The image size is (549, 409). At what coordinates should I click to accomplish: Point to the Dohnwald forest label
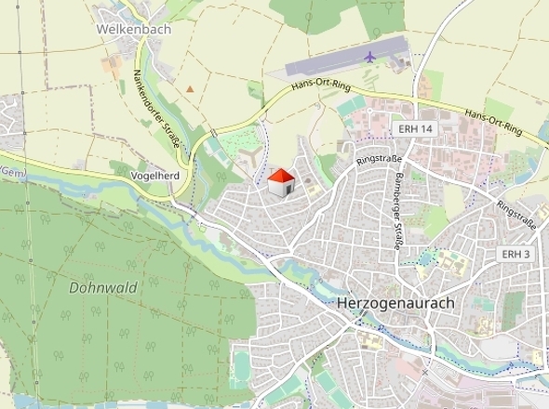coord(101,287)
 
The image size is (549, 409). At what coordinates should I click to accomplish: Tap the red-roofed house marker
coord(281,181)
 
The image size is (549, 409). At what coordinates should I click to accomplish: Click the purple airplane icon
coord(370,57)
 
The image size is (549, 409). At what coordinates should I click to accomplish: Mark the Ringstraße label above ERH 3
coord(516,214)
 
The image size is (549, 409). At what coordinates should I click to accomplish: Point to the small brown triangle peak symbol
coord(190,89)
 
